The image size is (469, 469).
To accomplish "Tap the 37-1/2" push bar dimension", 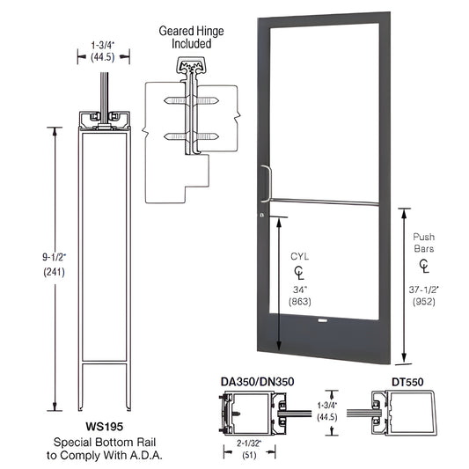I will pos(425,289).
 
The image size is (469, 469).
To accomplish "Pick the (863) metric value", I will pos(302,302).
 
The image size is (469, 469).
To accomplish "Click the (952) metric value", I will pos(425,302).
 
